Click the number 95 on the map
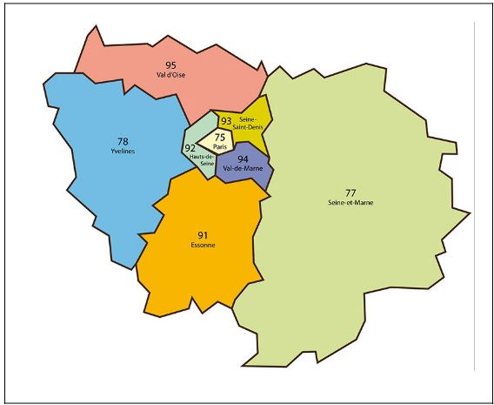170,65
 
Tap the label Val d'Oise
170,75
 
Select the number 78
123,141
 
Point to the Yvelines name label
123,151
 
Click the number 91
202,235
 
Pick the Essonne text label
202,246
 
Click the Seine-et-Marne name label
350,203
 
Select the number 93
226,122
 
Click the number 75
220,138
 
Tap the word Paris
220,146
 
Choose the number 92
190,149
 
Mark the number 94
243,159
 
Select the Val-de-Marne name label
243,168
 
